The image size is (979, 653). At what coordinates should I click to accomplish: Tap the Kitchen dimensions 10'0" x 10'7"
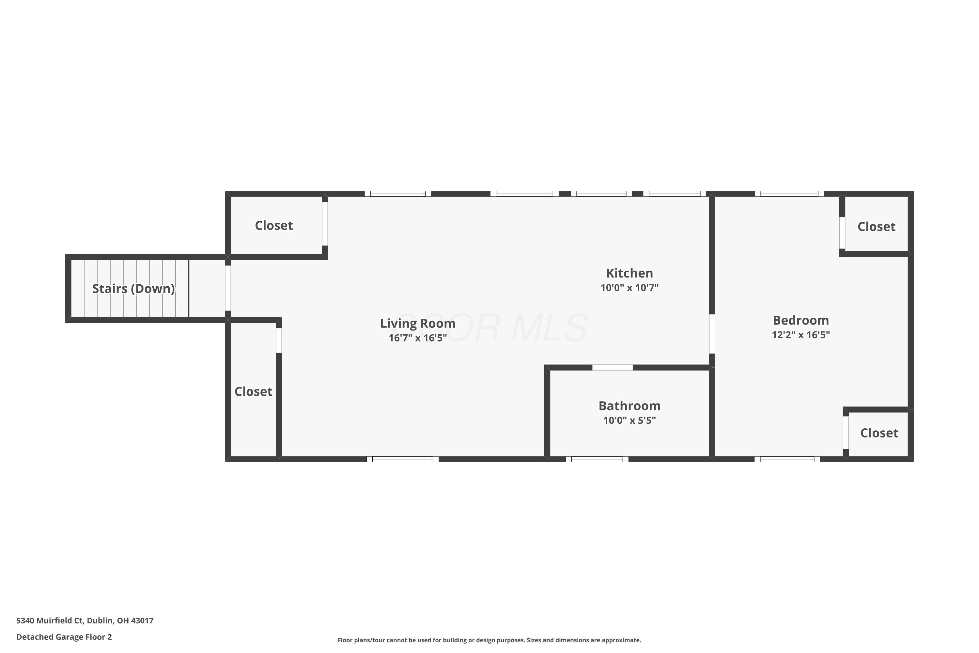[629, 288]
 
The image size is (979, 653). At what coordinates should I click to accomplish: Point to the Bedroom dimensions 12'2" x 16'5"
[801, 335]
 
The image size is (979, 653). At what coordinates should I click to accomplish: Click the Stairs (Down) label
[133, 289]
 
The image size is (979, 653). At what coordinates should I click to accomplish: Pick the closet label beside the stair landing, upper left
[274, 225]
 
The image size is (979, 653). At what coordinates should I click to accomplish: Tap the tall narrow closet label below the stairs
[254, 391]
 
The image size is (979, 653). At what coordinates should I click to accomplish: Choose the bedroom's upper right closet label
[876, 227]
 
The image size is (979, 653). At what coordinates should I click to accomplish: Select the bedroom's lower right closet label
[879, 433]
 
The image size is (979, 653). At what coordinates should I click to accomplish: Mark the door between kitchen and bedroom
[712, 334]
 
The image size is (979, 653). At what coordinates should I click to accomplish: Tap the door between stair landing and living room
[228, 288]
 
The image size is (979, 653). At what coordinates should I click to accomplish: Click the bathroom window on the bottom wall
[597, 459]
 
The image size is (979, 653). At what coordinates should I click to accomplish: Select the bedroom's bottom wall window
[787, 459]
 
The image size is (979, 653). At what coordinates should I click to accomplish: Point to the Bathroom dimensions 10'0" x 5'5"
[629, 420]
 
